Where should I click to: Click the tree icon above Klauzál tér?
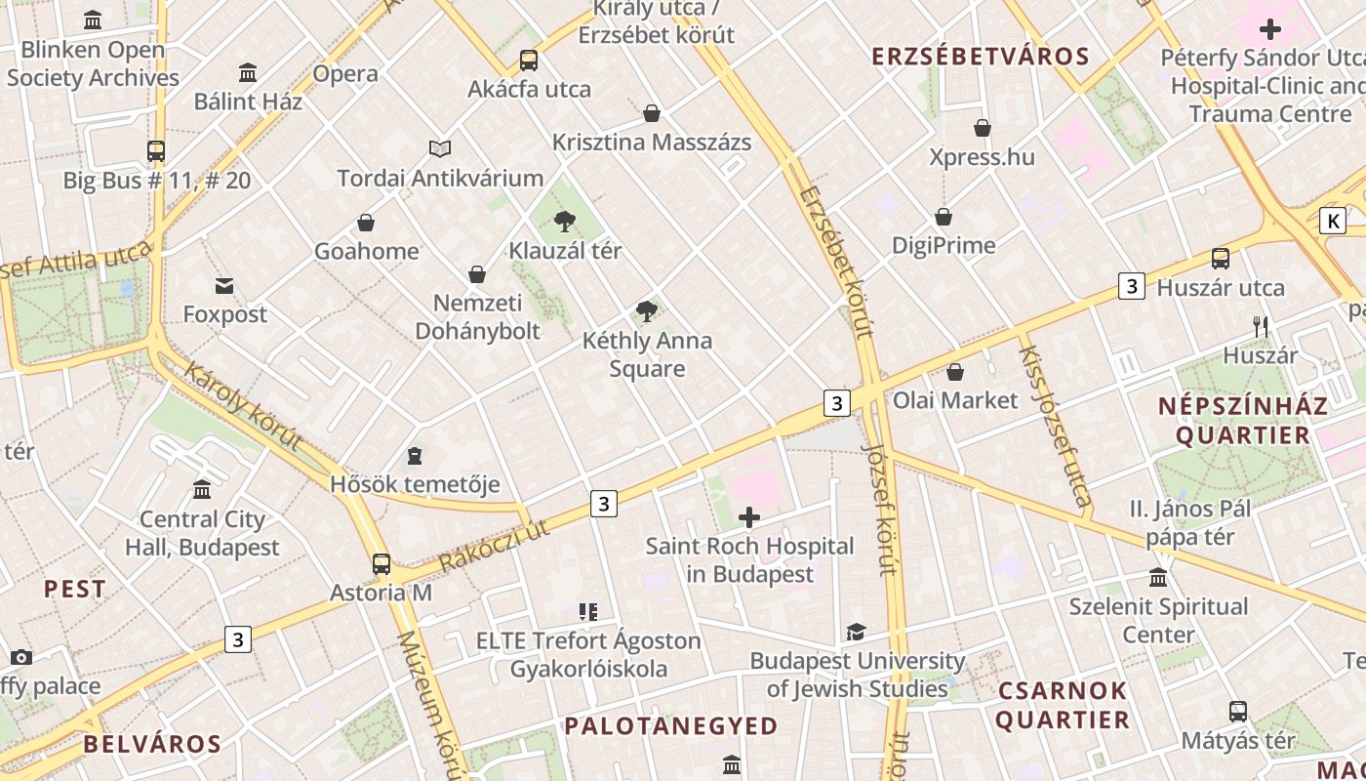tap(564, 222)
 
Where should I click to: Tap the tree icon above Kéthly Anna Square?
tap(645, 312)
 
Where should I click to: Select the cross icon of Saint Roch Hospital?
tap(749, 517)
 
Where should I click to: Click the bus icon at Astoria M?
tap(382, 563)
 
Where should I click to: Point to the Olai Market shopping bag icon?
tap(955, 372)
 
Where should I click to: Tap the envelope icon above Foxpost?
tap(224, 286)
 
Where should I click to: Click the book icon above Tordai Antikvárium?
tap(440, 149)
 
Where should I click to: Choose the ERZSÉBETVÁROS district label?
tap(981, 57)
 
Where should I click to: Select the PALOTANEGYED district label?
tap(671, 725)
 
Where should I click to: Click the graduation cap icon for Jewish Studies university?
tap(856, 633)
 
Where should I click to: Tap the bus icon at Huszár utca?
tap(1221, 259)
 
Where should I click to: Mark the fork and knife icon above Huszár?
tap(1261, 327)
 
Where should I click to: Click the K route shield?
tap(1333, 221)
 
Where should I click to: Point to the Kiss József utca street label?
tap(1055, 428)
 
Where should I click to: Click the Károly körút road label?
tap(243, 406)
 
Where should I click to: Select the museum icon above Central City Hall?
tap(202, 489)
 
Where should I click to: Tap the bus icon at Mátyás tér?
tap(1238, 712)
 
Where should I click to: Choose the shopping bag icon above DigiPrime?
tap(944, 217)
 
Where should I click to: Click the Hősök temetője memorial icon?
tap(415, 456)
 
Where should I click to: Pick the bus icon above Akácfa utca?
tap(529, 61)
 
